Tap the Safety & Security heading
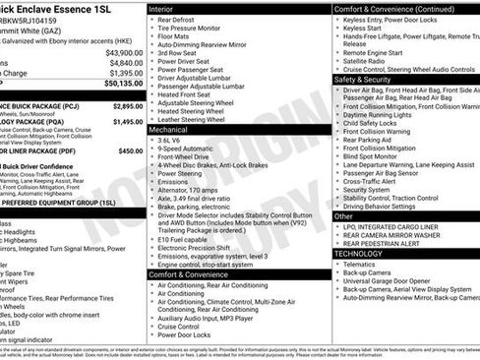click(364, 79)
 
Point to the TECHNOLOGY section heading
click(359, 253)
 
